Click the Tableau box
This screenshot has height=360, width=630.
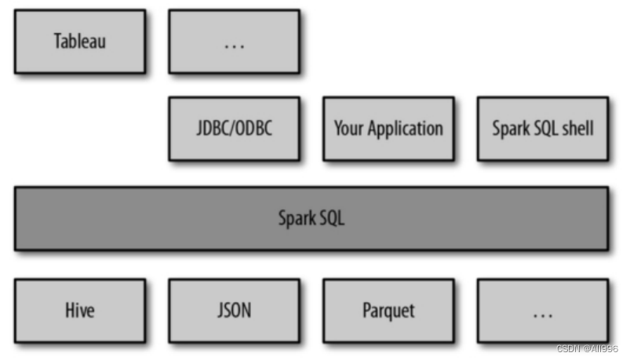pyautogui.click(x=79, y=41)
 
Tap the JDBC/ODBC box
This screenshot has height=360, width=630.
pyautogui.click(x=234, y=128)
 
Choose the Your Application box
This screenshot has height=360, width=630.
pyautogui.click(x=388, y=128)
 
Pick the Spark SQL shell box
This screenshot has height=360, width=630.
pyautogui.click(x=542, y=128)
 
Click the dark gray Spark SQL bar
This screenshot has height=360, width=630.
pyautogui.click(x=311, y=218)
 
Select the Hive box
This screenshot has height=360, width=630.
pyautogui.click(x=79, y=310)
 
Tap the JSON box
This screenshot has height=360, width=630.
pyautogui.click(x=234, y=310)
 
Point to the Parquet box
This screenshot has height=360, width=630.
pyautogui.click(x=388, y=310)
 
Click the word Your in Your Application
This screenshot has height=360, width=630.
pyautogui.click(x=348, y=128)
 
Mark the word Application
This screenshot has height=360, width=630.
pyautogui.click(x=405, y=129)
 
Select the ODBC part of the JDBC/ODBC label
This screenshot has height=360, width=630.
pyautogui.click(x=254, y=128)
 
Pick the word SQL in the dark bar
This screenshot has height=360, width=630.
pyautogui.click(x=331, y=218)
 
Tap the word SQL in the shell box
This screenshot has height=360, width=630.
pyautogui.click(x=544, y=128)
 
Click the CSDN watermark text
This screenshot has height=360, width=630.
pyautogui.click(x=588, y=348)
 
